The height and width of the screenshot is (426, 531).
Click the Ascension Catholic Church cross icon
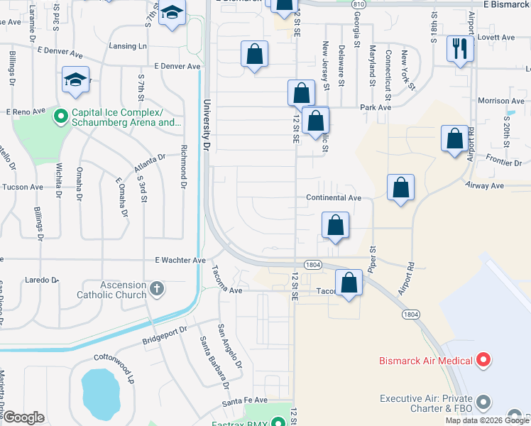point(156,289)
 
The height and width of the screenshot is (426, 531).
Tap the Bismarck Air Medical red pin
point(483,361)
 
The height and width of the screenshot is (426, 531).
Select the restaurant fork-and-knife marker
point(459,49)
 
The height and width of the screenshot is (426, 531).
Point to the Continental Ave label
point(334,197)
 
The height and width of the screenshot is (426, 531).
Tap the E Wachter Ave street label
point(180,261)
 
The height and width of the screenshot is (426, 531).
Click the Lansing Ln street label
point(128,46)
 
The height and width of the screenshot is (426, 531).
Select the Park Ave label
point(376,108)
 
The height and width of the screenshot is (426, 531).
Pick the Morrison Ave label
point(500,102)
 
